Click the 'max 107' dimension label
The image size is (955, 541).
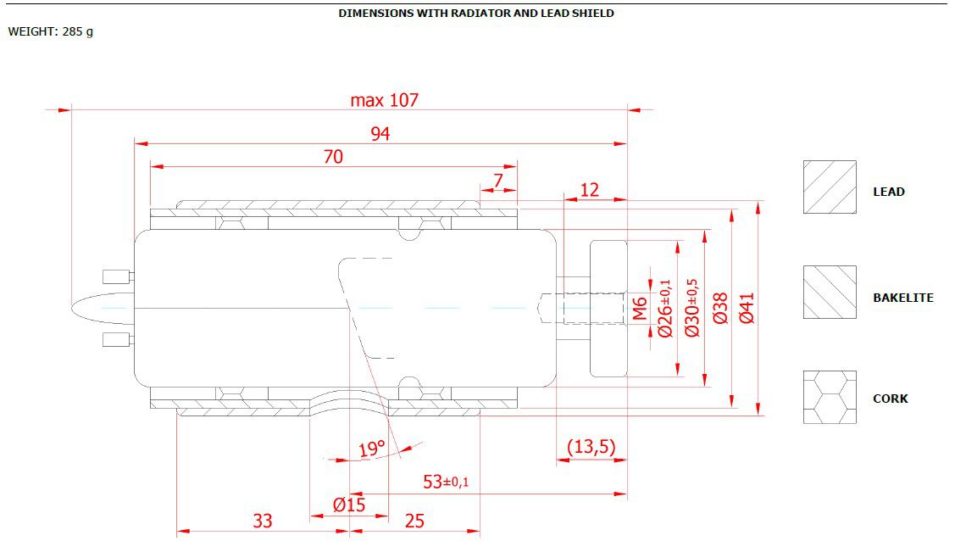(x=385, y=100)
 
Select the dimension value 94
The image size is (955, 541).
(x=380, y=134)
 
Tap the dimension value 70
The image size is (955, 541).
(x=333, y=157)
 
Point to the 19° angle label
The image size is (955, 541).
(x=372, y=449)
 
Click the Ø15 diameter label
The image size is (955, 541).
(x=349, y=505)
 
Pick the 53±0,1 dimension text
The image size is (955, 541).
(x=446, y=482)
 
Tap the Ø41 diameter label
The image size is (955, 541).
(x=747, y=309)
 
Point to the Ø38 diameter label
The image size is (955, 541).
(x=720, y=309)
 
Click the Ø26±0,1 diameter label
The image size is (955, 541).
(x=665, y=309)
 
